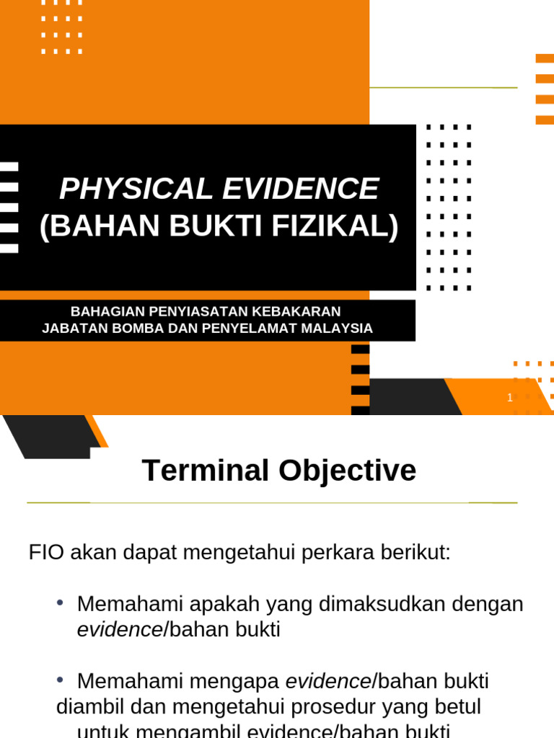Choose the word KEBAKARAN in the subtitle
pyautogui.click(x=296, y=311)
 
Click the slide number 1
pyautogui.click(x=509, y=397)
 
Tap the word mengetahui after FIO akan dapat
pyautogui.click(x=235, y=553)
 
